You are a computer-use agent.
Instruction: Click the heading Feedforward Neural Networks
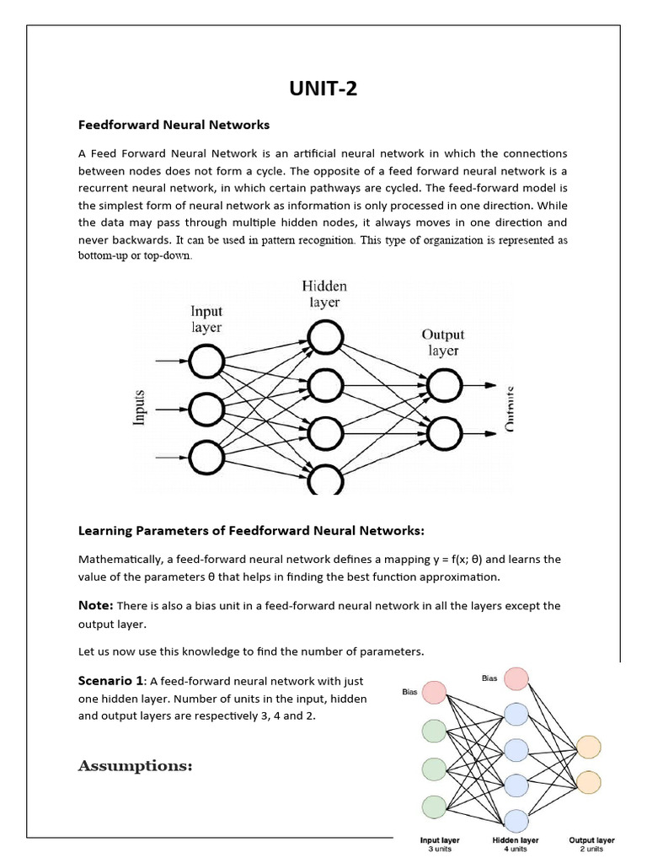174,125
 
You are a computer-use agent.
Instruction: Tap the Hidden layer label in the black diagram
324,294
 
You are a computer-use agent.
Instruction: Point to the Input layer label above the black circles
206,319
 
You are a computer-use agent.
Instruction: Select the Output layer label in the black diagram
443,342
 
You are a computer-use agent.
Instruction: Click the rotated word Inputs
141,409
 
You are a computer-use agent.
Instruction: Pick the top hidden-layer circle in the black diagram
324,339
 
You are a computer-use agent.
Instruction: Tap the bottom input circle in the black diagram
206,458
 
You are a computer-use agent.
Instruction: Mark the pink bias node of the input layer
433,693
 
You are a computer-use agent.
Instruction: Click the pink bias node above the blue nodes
516,678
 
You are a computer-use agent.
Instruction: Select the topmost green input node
433,730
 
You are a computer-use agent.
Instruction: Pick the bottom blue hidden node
516,820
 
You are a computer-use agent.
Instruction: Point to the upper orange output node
589,747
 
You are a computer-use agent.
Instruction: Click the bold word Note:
95,606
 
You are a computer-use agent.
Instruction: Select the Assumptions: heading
136,766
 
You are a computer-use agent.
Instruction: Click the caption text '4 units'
516,850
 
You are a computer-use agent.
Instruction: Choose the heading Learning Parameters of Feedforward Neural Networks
251,530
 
